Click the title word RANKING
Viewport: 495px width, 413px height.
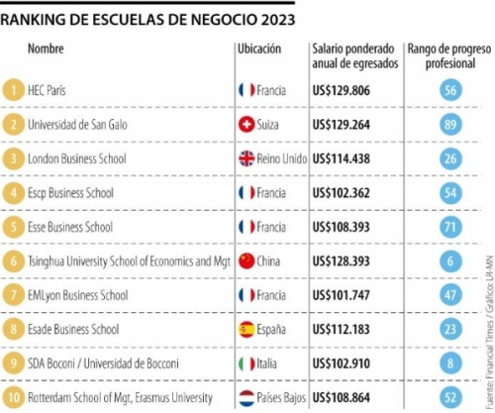coord(33,20)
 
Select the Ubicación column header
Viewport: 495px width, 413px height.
coord(259,49)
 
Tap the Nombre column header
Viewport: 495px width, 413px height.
coord(46,49)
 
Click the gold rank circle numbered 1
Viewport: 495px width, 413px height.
coord(13,90)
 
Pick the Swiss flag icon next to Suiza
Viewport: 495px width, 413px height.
coord(247,125)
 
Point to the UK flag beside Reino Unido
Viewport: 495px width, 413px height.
coord(247,158)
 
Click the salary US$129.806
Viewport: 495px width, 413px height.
coord(342,90)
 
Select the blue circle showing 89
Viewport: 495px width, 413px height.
coord(450,125)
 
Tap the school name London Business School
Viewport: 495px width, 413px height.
coord(77,158)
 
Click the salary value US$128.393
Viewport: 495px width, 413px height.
coord(342,261)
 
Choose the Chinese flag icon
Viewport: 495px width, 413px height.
coord(247,261)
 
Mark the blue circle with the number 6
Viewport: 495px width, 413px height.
coord(450,261)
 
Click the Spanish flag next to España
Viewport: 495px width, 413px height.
coord(247,330)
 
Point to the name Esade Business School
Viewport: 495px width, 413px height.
coord(73,330)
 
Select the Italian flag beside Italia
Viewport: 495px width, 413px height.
coord(247,363)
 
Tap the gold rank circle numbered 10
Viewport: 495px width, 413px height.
coord(13,397)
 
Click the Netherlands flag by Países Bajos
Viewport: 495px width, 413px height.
coord(247,398)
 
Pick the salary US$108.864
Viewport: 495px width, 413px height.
coord(342,398)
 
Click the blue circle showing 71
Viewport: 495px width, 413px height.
coord(450,227)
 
